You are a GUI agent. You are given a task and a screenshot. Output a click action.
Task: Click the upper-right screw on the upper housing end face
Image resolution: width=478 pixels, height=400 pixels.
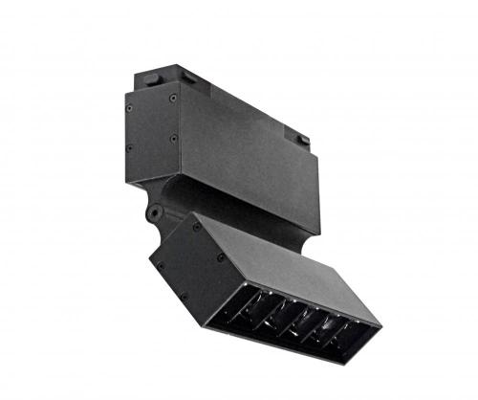click(x=171, y=97)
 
